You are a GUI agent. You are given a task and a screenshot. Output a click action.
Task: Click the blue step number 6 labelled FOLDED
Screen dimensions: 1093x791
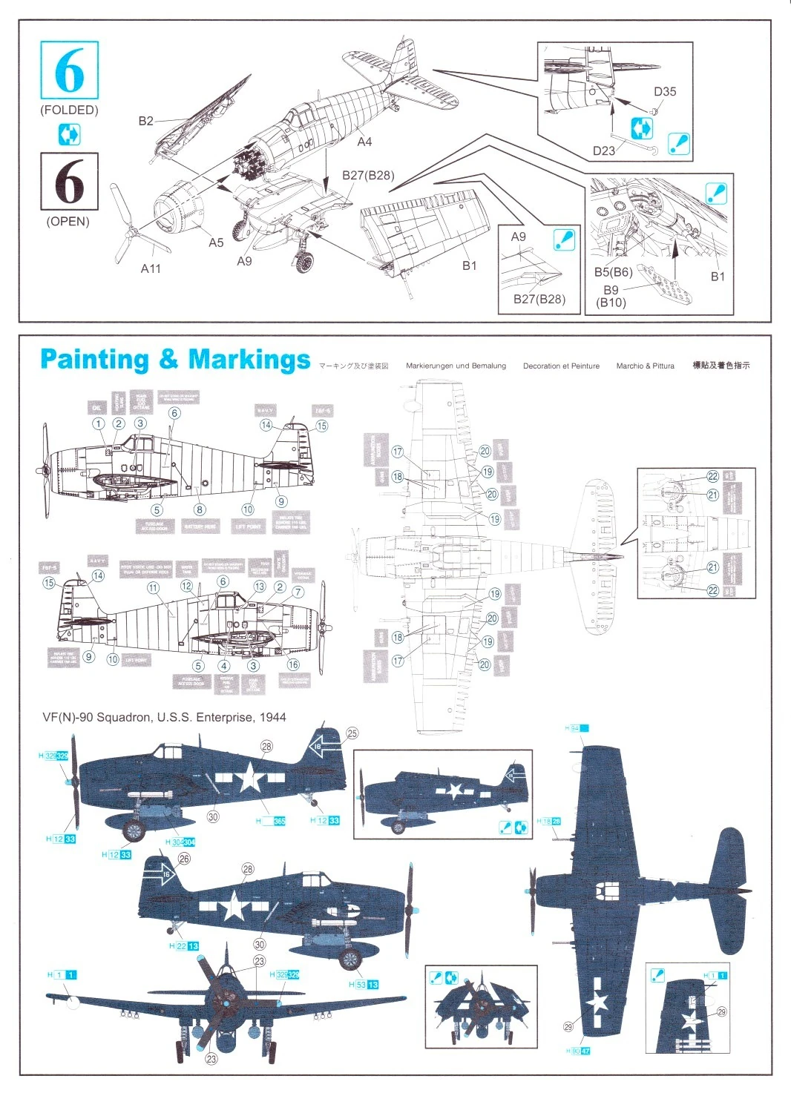tap(69, 70)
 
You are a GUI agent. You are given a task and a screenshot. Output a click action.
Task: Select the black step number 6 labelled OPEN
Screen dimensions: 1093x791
tap(69, 181)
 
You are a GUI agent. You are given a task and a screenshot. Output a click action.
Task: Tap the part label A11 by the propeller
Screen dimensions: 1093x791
tap(151, 268)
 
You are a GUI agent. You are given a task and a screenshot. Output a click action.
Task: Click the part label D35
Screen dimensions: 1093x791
tap(665, 92)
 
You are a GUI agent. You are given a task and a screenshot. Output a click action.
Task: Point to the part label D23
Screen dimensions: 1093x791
tap(603, 151)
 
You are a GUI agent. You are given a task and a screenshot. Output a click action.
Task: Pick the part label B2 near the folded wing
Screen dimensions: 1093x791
tap(146, 121)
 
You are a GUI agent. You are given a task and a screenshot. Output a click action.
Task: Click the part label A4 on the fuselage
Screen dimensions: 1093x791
tap(364, 141)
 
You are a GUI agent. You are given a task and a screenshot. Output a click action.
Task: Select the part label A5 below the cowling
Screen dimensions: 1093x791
tap(216, 242)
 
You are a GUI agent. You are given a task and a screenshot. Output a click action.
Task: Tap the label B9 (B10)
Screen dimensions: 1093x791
tap(611, 296)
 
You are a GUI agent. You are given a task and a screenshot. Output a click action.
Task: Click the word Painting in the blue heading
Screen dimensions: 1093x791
tap(94, 360)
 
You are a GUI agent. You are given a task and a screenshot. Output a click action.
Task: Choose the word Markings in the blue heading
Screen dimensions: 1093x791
tap(249, 360)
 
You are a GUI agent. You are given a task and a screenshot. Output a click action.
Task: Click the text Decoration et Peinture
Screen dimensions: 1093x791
tap(561, 366)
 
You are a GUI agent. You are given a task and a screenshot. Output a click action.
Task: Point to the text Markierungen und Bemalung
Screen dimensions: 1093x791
tap(456, 366)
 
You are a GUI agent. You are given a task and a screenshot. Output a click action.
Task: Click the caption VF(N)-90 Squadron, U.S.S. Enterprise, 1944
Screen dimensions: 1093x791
tap(164, 717)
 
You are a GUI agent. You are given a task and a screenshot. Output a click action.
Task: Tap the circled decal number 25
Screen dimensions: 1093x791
tap(352, 733)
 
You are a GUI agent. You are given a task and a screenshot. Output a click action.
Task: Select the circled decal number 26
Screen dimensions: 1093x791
tap(184, 858)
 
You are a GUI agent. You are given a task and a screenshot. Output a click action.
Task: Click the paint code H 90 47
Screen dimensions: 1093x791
tap(577, 1051)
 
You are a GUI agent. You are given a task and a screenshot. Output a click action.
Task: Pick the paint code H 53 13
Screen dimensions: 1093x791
tap(364, 984)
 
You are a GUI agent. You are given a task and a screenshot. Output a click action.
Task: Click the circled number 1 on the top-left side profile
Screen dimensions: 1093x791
tap(99, 423)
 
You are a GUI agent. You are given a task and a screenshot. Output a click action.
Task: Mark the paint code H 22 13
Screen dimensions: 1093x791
tap(184, 946)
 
